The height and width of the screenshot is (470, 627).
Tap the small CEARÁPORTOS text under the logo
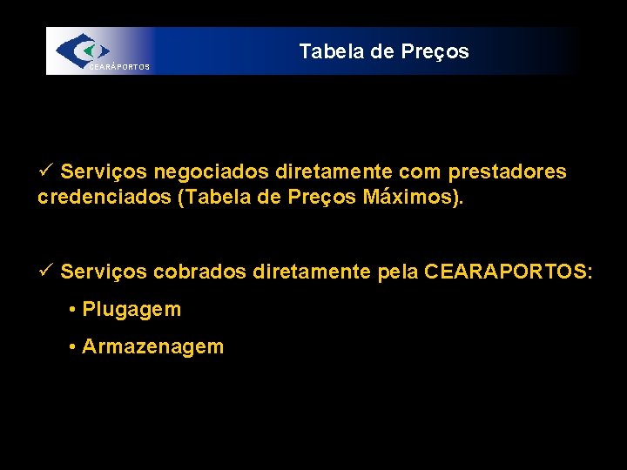pyautogui.click(x=118, y=67)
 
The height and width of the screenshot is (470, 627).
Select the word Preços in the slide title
pyautogui.click(x=435, y=52)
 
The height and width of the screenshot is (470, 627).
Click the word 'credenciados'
pyautogui.click(x=104, y=198)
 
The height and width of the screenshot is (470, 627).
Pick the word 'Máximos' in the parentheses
pyautogui.click(x=408, y=198)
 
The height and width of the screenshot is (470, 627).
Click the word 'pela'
pyautogui.click(x=398, y=273)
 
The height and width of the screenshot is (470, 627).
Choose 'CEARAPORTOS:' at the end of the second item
pyautogui.click(x=509, y=273)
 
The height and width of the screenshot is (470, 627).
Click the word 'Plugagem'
pyautogui.click(x=131, y=310)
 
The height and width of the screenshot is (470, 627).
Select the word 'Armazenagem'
pyautogui.click(x=152, y=347)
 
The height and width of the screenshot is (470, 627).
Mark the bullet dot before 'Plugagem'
pyautogui.click(x=72, y=310)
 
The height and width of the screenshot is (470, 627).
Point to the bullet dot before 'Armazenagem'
pyautogui.click(x=72, y=347)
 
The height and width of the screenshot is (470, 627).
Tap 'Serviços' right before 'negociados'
pyautogui.click(x=104, y=172)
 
